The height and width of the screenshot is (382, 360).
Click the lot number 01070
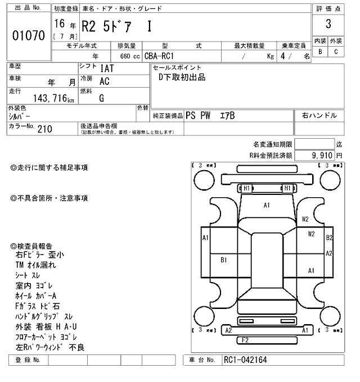tap(28, 36)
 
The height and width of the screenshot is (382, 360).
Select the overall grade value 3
tap(328, 24)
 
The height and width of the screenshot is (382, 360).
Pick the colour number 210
tap(46, 129)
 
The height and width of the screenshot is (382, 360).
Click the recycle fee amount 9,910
tap(322, 154)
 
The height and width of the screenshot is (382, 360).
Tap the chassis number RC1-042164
tap(246, 360)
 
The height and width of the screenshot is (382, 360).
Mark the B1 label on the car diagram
tap(223, 260)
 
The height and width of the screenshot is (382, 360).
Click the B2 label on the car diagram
tap(330, 237)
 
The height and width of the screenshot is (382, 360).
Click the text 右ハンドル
tap(319, 115)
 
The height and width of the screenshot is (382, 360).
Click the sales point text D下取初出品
tap(182, 78)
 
